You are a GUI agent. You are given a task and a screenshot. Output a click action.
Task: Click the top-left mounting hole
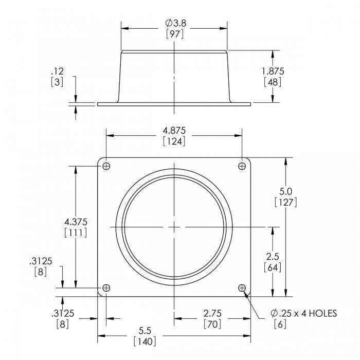click(106, 166)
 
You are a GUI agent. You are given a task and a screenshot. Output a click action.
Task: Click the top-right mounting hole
click(242, 166)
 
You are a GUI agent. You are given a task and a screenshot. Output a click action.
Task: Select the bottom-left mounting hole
click(106, 288)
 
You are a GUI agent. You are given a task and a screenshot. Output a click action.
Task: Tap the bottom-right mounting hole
click(242, 288)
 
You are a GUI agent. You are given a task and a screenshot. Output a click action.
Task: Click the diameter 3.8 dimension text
click(175, 23)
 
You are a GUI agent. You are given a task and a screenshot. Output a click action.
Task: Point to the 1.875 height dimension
click(273, 71)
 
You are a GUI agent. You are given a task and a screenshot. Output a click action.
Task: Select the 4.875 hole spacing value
click(174, 130)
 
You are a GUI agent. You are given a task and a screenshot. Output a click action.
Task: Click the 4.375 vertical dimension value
click(76, 222)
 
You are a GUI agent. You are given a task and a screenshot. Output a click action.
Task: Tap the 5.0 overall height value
click(285, 191)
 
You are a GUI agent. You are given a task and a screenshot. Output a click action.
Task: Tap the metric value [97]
click(175, 34)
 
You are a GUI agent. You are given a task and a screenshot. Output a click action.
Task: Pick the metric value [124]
click(174, 141)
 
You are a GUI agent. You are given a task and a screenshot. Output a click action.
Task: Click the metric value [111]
click(76, 233)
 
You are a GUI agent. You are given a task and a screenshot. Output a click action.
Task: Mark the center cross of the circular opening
click(174, 227)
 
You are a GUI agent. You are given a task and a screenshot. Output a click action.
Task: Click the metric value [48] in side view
click(273, 82)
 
